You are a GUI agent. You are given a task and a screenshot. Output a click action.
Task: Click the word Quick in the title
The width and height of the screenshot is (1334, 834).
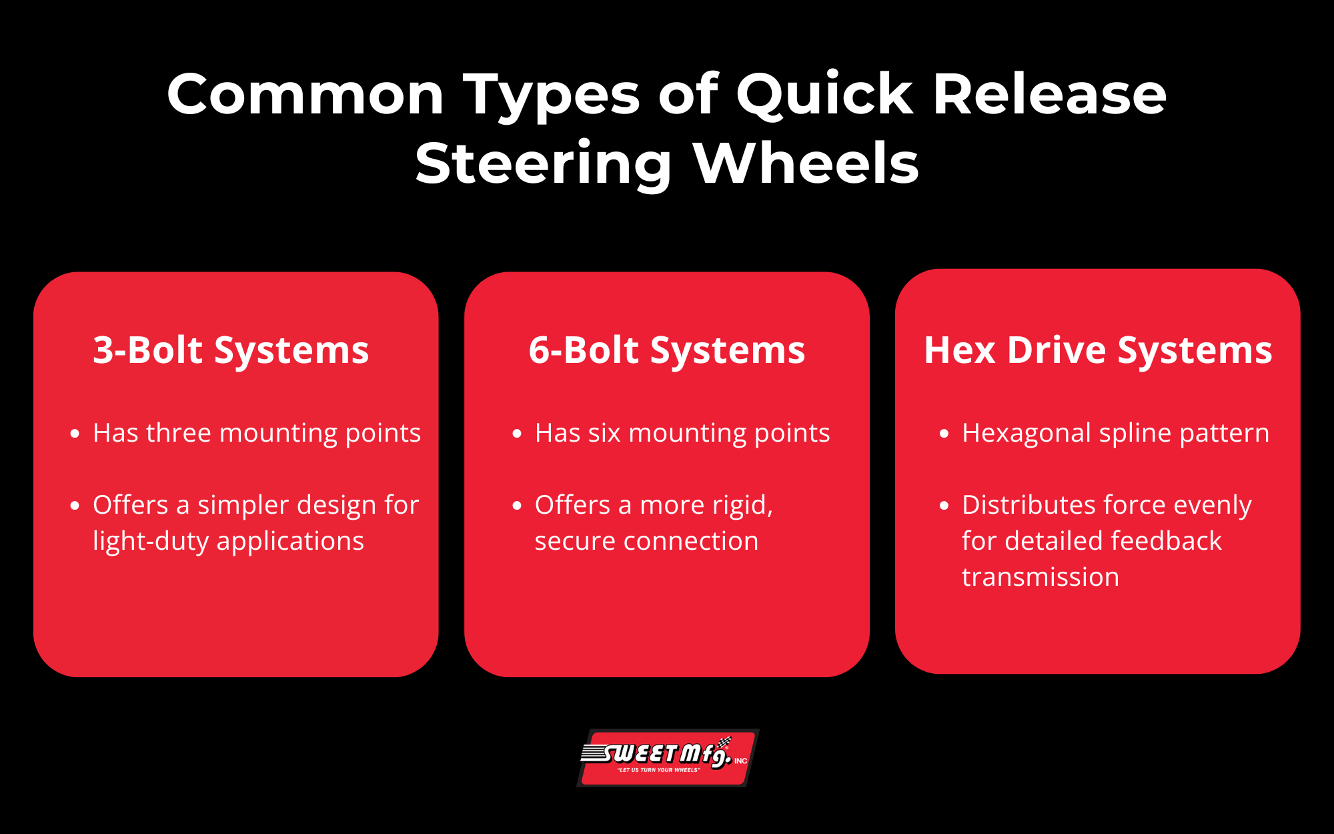tap(824, 95)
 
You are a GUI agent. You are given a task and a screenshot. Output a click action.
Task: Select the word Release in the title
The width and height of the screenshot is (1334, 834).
tap(1049, 94)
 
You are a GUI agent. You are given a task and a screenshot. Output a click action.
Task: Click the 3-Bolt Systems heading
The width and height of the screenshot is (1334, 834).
tap(231, 350)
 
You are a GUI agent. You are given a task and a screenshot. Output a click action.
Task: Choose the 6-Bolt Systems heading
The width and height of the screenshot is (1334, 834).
tap(667, 350)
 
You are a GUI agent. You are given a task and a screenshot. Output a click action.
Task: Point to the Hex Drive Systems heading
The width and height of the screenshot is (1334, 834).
tap(1098, 350)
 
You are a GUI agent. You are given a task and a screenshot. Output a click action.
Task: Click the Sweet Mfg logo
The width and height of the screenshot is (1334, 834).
tap(668, 758)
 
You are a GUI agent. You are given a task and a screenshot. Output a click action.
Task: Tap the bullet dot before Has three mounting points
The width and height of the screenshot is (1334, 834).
tap(75, 434)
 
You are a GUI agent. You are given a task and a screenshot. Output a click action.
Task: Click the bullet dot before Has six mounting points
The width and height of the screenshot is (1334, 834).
tap(517, 434)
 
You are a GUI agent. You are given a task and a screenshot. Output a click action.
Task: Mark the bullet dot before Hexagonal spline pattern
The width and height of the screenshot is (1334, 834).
tap(944, 434)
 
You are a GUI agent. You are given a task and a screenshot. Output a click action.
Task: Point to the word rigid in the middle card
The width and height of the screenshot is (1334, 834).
tap(736, 506)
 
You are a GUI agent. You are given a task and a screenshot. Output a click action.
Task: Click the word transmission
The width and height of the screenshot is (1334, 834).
tap(1041, 577)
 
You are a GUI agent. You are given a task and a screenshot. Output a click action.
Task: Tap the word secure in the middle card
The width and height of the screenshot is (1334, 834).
tap(574, 542)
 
